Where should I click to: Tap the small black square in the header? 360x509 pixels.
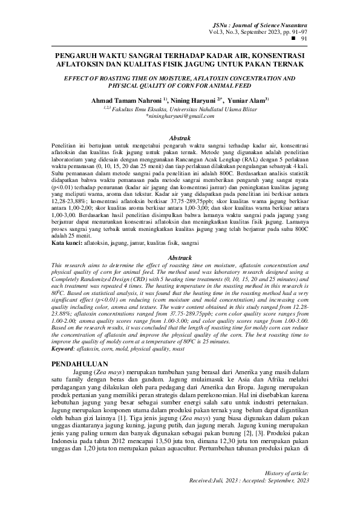tap(294, 37)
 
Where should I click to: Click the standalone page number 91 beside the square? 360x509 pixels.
tap(305, 37)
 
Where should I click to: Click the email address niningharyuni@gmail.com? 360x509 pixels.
tap(181, 116)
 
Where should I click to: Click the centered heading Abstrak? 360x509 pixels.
tap(179, 138)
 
